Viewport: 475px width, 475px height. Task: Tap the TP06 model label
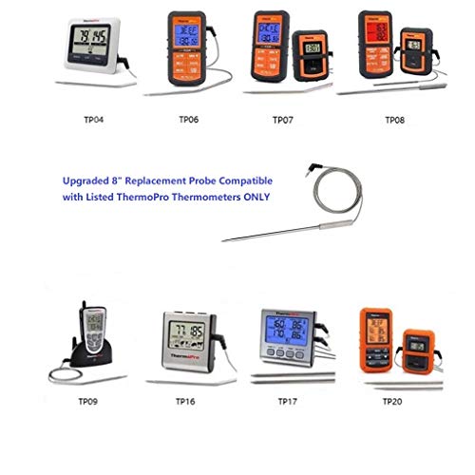(190, 122)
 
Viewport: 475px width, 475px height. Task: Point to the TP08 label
(395, 122)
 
